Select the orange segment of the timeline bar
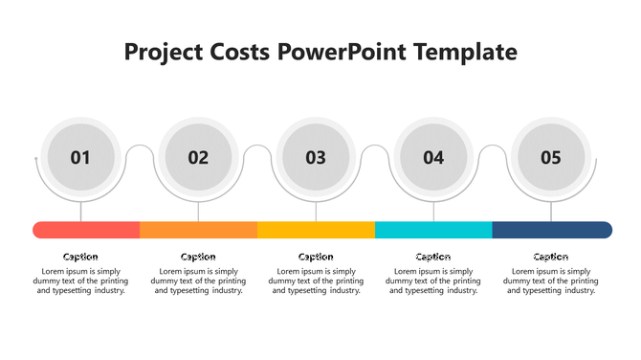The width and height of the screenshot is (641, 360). [199, 230]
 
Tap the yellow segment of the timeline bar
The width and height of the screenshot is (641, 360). [316, 230]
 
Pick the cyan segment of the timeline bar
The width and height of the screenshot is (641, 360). [433, 230]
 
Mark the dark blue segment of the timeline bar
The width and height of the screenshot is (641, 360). [552, 230]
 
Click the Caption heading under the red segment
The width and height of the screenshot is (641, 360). [80, 257]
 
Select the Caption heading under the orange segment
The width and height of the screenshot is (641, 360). [198, 257]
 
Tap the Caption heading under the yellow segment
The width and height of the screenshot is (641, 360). [316, 257]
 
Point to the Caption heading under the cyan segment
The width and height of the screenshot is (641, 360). [433, 257]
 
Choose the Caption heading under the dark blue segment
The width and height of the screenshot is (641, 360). [551, 257]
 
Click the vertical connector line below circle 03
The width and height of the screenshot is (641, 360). [316, 211]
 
